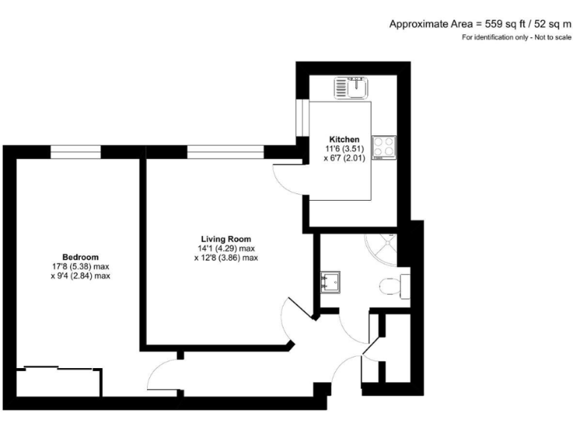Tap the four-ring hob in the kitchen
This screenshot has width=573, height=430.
[x=384, y=146]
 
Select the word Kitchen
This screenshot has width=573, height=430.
[x=345, y=140]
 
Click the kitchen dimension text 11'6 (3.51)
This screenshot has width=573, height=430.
[x=345, y=149]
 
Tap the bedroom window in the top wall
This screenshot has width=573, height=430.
[x=75, y=152]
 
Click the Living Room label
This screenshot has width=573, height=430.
[x=225, y=239]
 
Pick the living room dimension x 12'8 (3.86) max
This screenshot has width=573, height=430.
[x=225, y=258]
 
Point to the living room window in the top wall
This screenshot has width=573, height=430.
[x=225, y=152]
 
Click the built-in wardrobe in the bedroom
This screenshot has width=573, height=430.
[x=58, y=381]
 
